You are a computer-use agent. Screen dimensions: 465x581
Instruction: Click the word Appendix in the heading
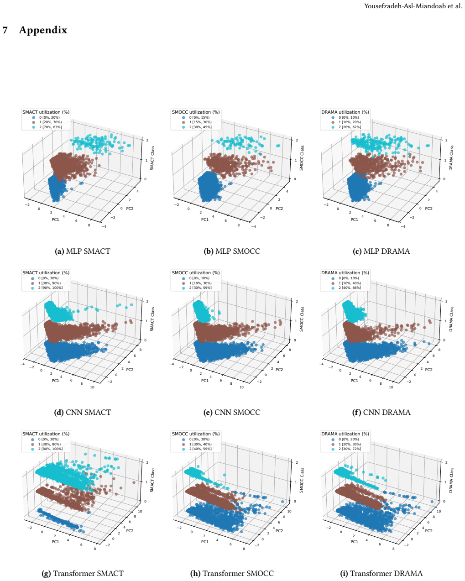coord(43,30)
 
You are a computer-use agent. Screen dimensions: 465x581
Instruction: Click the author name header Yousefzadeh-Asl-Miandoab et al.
coord(413,6)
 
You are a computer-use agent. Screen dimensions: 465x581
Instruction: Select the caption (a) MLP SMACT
coord(82,251)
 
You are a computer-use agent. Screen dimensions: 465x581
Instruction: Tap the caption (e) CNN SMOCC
coord(232,412)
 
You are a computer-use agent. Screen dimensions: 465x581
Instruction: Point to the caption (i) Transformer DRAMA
coord(381,573)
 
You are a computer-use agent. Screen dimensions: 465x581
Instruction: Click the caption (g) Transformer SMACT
coord(82,573)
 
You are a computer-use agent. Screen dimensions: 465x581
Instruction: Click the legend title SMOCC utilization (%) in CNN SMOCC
coord(196,272)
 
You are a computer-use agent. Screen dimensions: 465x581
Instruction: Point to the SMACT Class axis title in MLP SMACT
coord(152,158)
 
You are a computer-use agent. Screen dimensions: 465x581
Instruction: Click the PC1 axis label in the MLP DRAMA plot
coord(354,220)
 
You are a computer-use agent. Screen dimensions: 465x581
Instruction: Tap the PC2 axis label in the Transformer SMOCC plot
coord(279,531)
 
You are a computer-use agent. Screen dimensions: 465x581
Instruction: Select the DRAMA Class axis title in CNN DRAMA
coord(451,319)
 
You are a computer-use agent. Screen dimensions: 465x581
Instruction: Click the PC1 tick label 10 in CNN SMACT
coord(92,387)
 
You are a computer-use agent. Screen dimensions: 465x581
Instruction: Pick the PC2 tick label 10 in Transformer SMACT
coord(140,511)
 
